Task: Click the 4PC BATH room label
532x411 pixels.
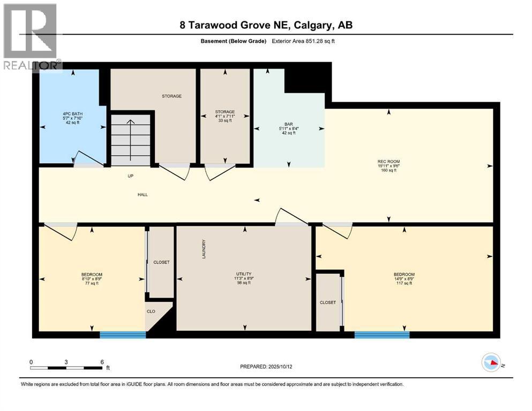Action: click(x=69, y=114)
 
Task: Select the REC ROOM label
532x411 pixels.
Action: click(x=388, y=161)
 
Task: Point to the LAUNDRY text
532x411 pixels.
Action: click(x=204, y=249)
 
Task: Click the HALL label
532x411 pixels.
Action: click(x=142, y=194)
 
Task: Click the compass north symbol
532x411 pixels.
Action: click(x=491, y=363)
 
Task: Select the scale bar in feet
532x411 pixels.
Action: click(x=66, y=368)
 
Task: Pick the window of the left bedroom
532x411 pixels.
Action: click(x=123, y=335)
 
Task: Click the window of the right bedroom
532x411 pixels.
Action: click(x=381, y=335)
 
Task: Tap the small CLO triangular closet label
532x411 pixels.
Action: click(x=151, y=310)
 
